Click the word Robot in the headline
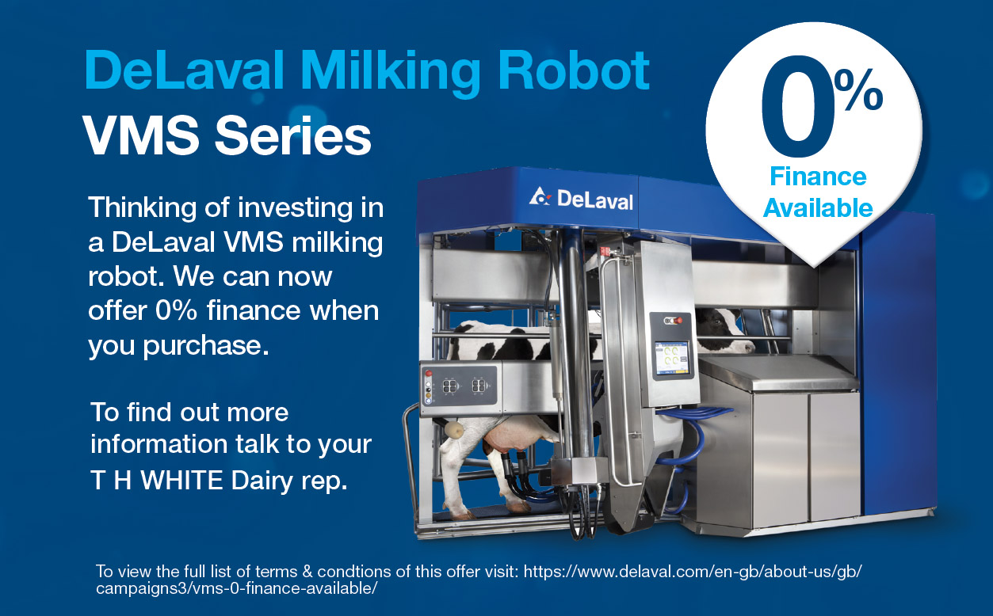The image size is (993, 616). (x=574, y=70)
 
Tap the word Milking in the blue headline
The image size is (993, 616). (x=391, y=73)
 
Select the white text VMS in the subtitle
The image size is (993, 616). (x=141, y=135)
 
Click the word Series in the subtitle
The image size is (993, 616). (x=293, y=135)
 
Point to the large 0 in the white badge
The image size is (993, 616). (x=796, y=106)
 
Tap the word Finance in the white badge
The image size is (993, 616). (x=819, y=177)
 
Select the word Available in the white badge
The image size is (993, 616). (x=818, y=207)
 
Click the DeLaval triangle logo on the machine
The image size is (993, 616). (x=540, y=196)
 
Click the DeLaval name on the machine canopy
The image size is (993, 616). (x=595, y=200)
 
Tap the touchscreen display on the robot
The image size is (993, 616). (x=671, y=358)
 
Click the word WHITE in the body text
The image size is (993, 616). (x=181, y=480)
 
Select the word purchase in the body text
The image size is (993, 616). (x=206, y=346)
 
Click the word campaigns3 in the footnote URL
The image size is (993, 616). (x=143, y=589)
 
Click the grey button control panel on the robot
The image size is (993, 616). (x=459, y=386)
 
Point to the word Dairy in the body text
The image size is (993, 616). (x=262, y=481)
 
